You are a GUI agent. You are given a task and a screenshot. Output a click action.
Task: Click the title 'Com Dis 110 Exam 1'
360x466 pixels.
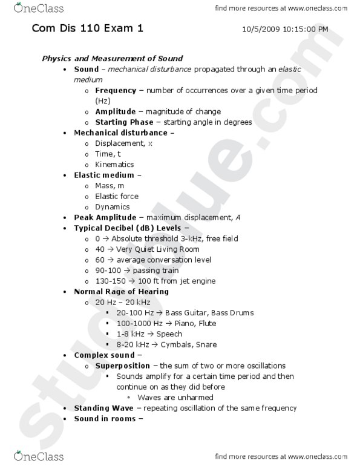88,28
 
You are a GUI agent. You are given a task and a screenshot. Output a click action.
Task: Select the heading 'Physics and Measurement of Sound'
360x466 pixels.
112,58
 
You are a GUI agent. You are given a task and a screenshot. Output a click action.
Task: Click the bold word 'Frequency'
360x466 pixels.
115,90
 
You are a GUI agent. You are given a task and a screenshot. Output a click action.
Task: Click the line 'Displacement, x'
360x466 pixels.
123,143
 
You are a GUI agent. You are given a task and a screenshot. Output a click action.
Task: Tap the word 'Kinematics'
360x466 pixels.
114,165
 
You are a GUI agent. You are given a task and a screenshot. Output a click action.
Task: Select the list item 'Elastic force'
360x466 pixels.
117,196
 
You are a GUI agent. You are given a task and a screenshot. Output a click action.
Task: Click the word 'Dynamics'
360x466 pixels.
113,207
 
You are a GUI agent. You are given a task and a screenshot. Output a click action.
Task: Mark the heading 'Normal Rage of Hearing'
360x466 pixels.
121,292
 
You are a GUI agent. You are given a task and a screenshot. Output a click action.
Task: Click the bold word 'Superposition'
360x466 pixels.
122,366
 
